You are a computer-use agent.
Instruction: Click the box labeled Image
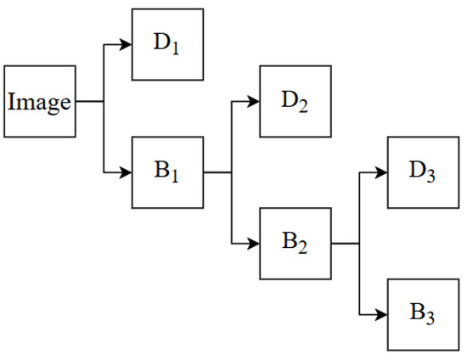click(x=39, y=101)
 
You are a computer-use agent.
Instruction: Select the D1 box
click(x=167, y=44)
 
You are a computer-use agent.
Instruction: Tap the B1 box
click(x=167, y=172)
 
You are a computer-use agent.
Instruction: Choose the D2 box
click(x=295, y=101)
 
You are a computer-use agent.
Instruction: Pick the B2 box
click(x=295, y=244)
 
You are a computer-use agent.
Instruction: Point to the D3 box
click(x=422, y=172)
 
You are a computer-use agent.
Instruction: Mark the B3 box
click(x=422, y=314)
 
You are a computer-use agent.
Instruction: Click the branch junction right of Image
click(x=103, y=101)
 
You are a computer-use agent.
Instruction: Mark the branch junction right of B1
click(x=231, y=172)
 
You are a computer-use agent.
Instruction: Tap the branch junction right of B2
click(x=358, y=244)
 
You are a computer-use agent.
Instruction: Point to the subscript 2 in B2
click(x=304, y=248)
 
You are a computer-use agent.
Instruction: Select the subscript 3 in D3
click(x=431, y=177)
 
